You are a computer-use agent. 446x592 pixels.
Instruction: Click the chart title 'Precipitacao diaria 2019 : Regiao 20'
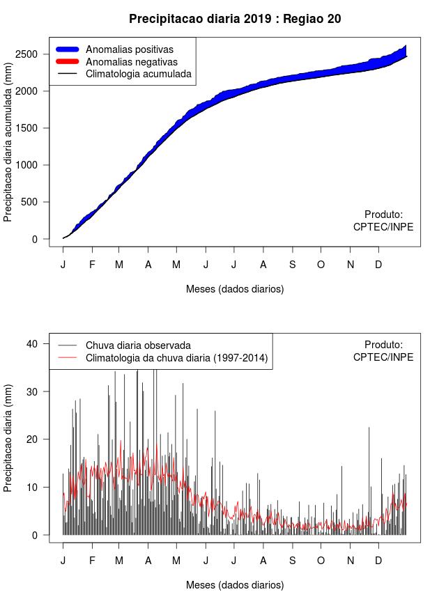point(235,19)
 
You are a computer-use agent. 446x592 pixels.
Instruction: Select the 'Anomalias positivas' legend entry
point(129,49)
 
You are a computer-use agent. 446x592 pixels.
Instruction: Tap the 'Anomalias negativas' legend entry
point(131,61)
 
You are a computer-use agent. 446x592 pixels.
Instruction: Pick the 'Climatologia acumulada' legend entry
point(138,73)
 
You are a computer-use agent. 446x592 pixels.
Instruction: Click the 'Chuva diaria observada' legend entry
point(138,345)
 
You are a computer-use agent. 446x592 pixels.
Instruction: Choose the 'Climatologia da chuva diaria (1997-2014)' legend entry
point(176,358)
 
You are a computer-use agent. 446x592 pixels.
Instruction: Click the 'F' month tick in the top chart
point(91,265)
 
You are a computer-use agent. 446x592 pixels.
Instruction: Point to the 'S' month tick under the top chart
point(293,265)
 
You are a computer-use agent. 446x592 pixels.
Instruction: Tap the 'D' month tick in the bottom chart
point(378,561)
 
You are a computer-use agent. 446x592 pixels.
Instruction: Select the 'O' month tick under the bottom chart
point(321,561)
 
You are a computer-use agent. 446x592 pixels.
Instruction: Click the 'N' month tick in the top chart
point(351,265)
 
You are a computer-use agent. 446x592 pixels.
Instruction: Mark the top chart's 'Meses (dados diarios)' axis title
point(235,288)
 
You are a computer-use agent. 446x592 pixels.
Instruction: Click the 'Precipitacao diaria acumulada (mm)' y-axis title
point(8,148)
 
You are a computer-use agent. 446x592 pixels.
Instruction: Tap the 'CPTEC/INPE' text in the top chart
point(383,227)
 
